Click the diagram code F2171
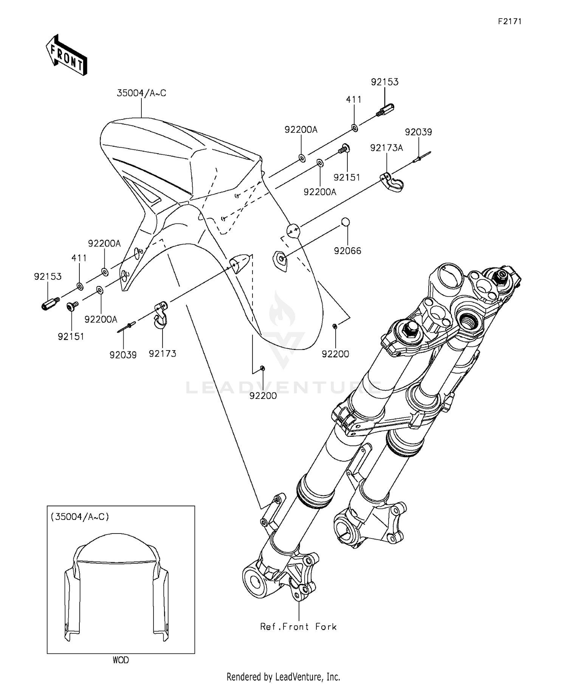(x=510, y=22)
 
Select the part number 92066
(x=347, y=251)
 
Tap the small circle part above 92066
(x=345, y=222)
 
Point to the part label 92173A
(x=386, y=148)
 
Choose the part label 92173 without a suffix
(x=163, y=354)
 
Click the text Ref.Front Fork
(x=298, y=627)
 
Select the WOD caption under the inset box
(x=121, y=660)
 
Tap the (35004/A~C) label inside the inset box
(x=80, y=516)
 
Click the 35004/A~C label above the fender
(x=141, y=93)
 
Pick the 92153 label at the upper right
(x=385, y=82)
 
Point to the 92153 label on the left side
(x=48, y=276)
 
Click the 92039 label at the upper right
(x=418, y=132)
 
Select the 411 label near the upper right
(x=354, y=99)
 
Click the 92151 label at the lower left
(x=71, y=337)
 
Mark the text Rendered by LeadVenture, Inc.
(x=283, y=676)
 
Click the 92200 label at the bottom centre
(x=263, y=396)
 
